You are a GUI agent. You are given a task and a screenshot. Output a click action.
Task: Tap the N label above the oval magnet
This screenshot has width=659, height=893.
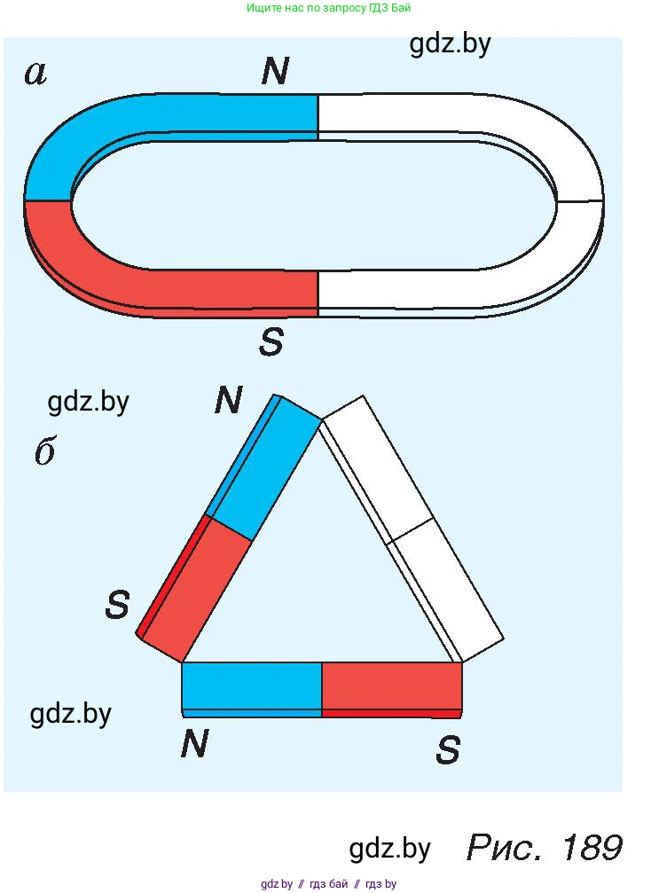(275, 72)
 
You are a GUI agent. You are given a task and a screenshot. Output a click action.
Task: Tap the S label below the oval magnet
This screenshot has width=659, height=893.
(271, 341)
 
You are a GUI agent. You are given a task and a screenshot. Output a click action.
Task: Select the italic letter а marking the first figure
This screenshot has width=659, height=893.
(35, 73)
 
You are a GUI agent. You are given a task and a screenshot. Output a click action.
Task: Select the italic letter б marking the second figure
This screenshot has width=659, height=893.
(44, 452)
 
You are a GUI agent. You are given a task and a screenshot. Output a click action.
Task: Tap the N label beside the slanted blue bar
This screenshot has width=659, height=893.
(228, 402)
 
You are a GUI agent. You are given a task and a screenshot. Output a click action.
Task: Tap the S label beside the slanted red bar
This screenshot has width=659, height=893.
(117, 606)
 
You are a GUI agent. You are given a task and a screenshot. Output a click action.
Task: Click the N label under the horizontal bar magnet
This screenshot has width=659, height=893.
(194, 744)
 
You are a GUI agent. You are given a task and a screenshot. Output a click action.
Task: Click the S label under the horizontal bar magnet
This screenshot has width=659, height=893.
(448, 751)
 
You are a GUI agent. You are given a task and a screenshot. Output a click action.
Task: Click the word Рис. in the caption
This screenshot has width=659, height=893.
(506, 848)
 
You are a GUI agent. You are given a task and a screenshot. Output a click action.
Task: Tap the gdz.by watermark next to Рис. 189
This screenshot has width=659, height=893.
(389, 849)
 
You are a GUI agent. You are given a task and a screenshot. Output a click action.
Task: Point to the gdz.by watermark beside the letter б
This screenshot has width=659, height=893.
(88, 402)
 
